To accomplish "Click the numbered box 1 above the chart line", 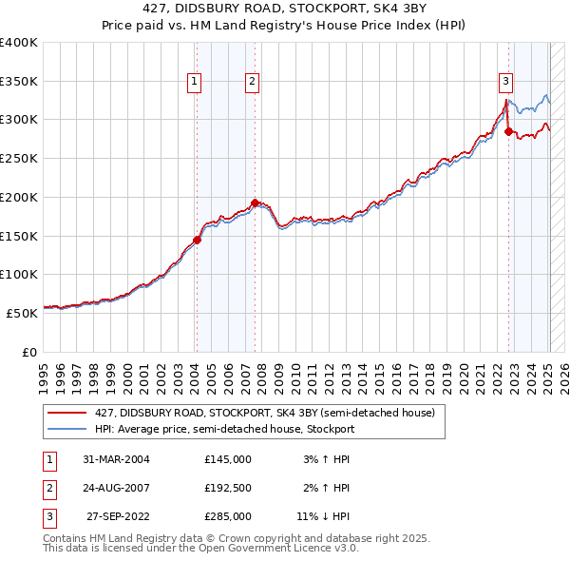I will (194, 83).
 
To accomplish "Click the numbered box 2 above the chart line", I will (253, 83).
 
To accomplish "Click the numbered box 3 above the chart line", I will (506, 83).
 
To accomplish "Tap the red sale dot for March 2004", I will (197, 240).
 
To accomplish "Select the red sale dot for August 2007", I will (255, 203).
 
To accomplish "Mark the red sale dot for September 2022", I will (508, 131).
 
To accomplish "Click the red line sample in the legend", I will (66, 414).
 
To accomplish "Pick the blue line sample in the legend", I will (66, 430).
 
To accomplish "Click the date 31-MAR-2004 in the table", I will (117, 459).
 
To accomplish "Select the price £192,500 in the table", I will (228, 488).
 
